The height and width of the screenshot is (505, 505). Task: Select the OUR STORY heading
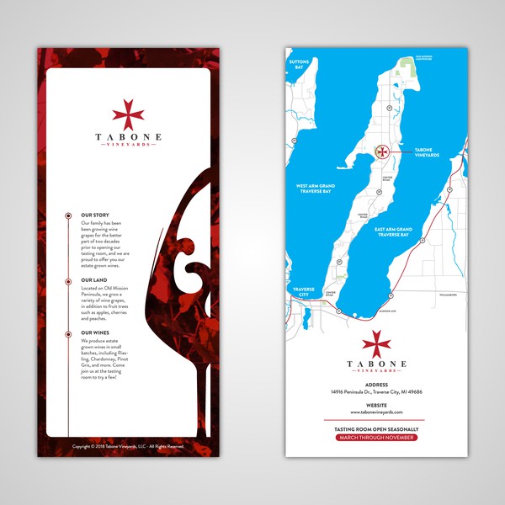coord(95,215)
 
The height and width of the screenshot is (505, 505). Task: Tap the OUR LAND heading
coord(93,279)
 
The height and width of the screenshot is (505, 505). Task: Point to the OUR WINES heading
coord(95,332)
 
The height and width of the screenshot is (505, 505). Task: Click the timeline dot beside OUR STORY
coord(67,216)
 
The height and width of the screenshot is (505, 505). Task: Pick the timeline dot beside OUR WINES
coord(67,333)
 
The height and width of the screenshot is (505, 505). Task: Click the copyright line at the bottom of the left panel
coord(128,446)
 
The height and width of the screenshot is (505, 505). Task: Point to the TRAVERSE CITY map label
coord(303,291)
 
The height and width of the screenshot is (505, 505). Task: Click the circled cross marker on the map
coord(381,152)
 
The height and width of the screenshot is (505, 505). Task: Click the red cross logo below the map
coord(376,343)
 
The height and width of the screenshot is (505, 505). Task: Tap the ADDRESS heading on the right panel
coord(376,385)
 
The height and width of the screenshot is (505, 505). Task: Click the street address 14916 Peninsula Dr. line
coord(376,392)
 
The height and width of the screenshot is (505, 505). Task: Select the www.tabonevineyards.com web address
coord(376,412)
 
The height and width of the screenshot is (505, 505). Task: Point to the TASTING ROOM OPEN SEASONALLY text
coord(376,428)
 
